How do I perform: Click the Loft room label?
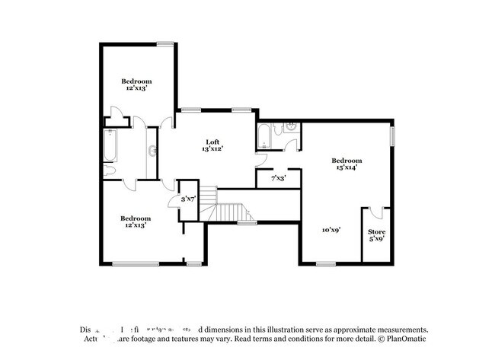212,142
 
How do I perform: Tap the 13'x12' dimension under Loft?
212,149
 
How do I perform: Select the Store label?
376,231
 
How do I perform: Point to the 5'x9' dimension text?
376,238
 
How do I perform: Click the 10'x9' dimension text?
331,229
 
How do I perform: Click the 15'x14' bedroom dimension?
346,167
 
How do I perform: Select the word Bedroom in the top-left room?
136,81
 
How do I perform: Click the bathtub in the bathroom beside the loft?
263,138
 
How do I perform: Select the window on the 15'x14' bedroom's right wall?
392,135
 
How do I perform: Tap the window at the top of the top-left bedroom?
165,44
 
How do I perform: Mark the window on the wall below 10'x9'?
325,264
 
